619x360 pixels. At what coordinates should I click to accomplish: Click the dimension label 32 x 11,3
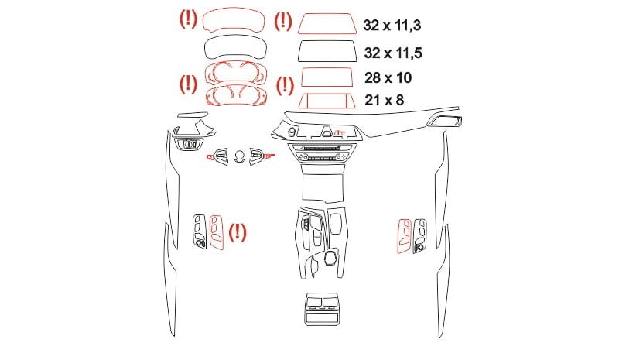coord(392,25)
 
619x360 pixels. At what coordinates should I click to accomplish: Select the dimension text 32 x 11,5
coord(393,53)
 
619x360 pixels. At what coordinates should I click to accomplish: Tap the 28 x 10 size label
coord(388,77)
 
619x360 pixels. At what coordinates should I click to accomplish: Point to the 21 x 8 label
coord(384,100)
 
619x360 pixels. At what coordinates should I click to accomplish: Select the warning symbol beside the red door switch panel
coord(238,232)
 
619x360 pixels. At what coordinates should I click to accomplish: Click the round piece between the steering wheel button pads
coord(239,154)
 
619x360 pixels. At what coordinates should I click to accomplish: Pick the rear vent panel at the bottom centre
coord(322,309)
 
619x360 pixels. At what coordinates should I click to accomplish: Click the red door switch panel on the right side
coord(404,236)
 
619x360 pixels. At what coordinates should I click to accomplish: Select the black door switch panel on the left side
coord(200,232)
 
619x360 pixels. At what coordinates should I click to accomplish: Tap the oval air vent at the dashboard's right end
coord(446,121)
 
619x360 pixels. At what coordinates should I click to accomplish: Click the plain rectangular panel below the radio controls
coord(323,187)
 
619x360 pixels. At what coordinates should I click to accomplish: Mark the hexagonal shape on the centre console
coord(330,259)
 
